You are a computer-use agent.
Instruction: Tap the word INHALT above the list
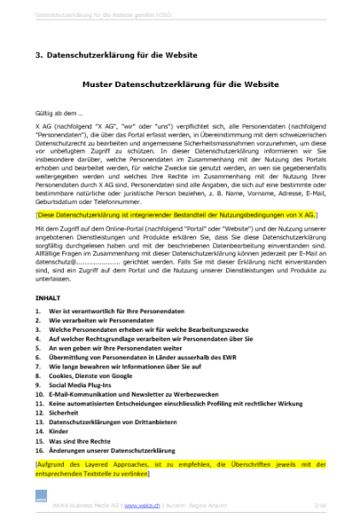[x=47, y=298]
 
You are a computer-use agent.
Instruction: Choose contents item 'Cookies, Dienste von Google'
[x=90, y=375]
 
